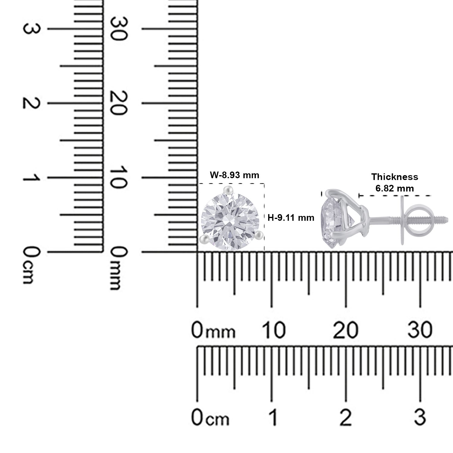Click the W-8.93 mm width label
tap(234, 175)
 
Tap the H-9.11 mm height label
tap(291, 217)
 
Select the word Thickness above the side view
tap(395, 177)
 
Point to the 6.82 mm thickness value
tap(394, 188)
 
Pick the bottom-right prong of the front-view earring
tap(259, 234)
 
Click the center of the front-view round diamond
tap(230, 218)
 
